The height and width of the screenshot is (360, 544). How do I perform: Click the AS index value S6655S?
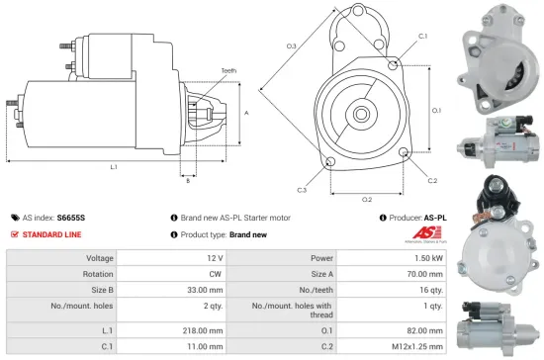point(71,217)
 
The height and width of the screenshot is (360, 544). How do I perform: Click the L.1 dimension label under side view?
point(114,167)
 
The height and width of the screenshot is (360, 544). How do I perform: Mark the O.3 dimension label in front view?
point(292,45)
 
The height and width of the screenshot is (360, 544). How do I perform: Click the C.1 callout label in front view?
point(422,36)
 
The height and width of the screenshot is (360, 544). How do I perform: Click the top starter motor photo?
point(500,54)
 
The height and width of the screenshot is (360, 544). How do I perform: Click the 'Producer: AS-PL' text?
point(412,217)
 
